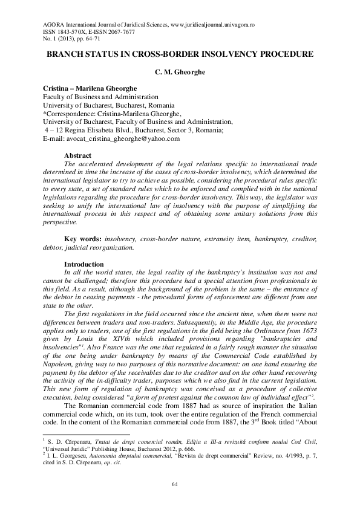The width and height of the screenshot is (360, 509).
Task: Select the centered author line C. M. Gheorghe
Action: point(180,71)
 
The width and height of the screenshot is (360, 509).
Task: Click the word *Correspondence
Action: point(69,113)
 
